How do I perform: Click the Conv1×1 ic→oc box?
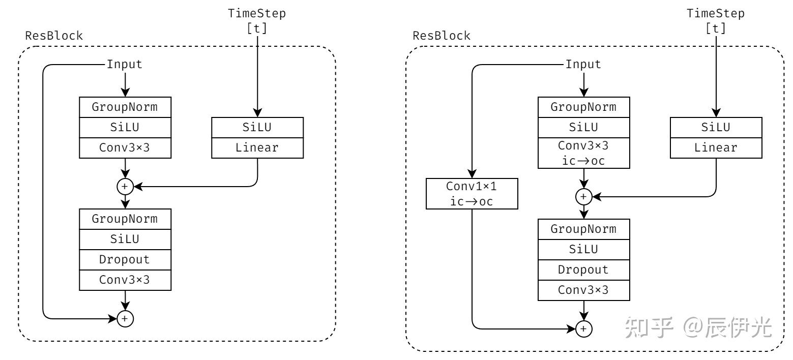[472, 194]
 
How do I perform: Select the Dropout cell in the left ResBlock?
[125, 259]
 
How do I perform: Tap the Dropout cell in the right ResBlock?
[583, 269]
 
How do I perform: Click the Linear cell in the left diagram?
[257, 148]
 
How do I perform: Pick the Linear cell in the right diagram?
[716, 147]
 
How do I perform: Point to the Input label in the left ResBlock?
[125, 65]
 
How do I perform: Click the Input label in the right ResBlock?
[583, 65]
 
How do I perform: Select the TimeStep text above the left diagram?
[257, 14]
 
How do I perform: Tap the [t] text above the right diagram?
[716, 28]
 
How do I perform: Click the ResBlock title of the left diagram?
[54, 36]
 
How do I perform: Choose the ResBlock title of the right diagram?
[442, 36]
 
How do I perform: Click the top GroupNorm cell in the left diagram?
[125, 107]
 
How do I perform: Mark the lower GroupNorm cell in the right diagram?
[583, 229]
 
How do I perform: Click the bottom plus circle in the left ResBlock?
[125, 319]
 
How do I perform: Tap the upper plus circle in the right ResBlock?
[583, 196]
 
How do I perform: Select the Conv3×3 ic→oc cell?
[583, 153]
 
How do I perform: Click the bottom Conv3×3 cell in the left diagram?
[125, 280]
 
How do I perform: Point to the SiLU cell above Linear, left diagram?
[257, 128]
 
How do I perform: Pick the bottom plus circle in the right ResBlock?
[583, 329]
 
